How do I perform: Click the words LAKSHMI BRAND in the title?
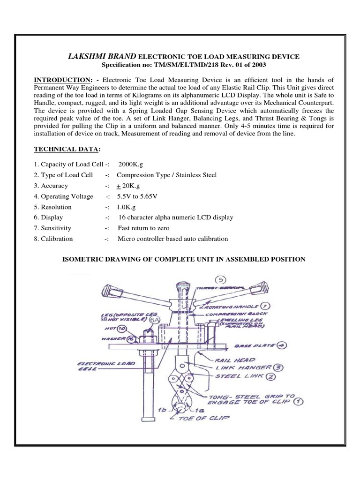97,56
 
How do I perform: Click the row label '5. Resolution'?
53,207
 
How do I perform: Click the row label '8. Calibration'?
53,239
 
